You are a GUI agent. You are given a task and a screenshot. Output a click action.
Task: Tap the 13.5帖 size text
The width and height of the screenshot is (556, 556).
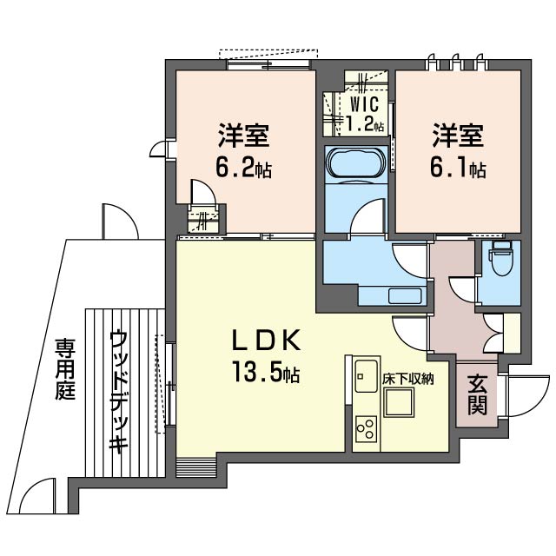coord(266,374)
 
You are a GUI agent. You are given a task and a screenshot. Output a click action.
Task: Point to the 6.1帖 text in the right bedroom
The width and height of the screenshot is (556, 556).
coord(460,169)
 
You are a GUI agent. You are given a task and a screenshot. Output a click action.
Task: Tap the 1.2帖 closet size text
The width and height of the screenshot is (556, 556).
coord(364,124)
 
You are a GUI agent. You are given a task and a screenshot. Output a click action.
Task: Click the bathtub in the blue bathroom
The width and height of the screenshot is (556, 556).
coord(355,162)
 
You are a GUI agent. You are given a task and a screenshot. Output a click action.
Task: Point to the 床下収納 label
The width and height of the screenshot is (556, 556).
coord(408,379)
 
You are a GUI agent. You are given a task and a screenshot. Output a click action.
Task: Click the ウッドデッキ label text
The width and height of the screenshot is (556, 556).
coord(119,391)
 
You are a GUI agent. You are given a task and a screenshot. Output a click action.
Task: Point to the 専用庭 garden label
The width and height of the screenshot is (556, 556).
coord(66,369)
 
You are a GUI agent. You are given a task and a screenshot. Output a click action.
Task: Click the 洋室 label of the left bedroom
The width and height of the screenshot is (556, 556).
coord(242,137)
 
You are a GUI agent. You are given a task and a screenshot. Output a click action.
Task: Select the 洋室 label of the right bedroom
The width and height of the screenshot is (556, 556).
coord(460,137)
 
